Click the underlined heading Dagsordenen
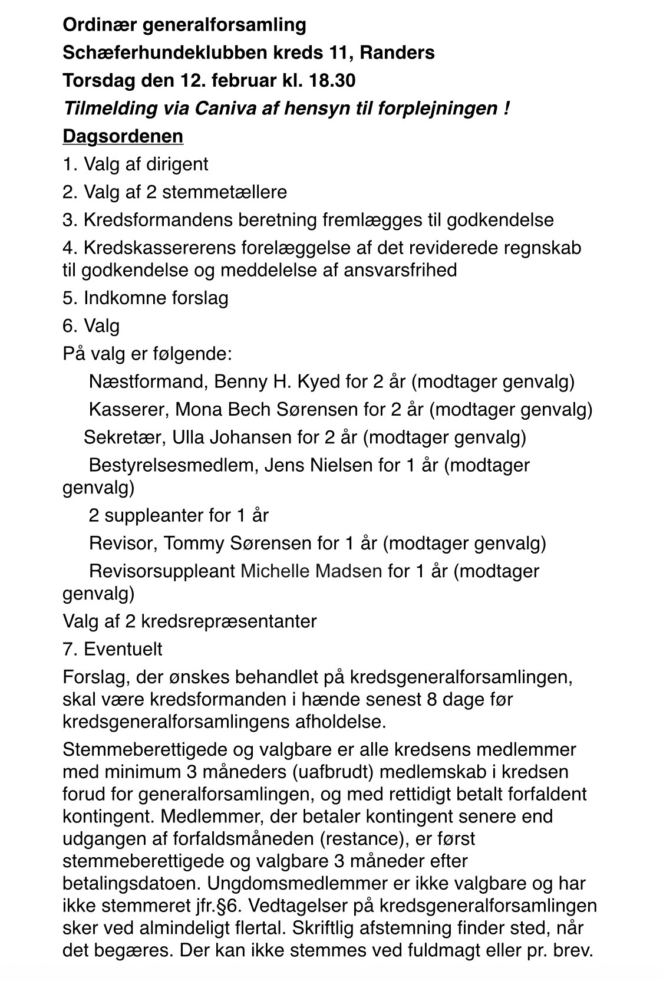pos(123,136)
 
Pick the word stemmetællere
pos(225,192)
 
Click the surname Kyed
pos(318,381)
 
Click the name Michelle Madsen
pos(311,571)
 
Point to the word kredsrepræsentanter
pos(231,621)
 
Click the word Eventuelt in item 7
pos(123,649)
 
